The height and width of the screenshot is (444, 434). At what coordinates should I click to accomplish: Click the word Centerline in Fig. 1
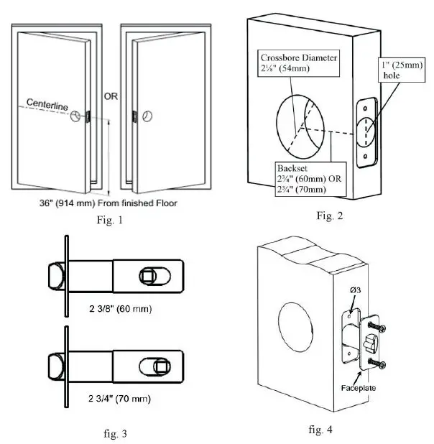[x=47, y=106]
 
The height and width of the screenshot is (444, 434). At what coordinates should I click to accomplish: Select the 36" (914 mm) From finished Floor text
[x=108, y=203]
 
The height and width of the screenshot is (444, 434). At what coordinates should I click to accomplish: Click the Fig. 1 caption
[x=110, y=220]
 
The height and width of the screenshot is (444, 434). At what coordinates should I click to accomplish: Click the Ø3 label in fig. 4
[x=354, y=291]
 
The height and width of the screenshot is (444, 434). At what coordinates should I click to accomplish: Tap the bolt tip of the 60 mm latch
[x=54, y=274]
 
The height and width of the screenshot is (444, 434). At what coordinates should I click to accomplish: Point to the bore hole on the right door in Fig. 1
[x=147, y=115]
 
